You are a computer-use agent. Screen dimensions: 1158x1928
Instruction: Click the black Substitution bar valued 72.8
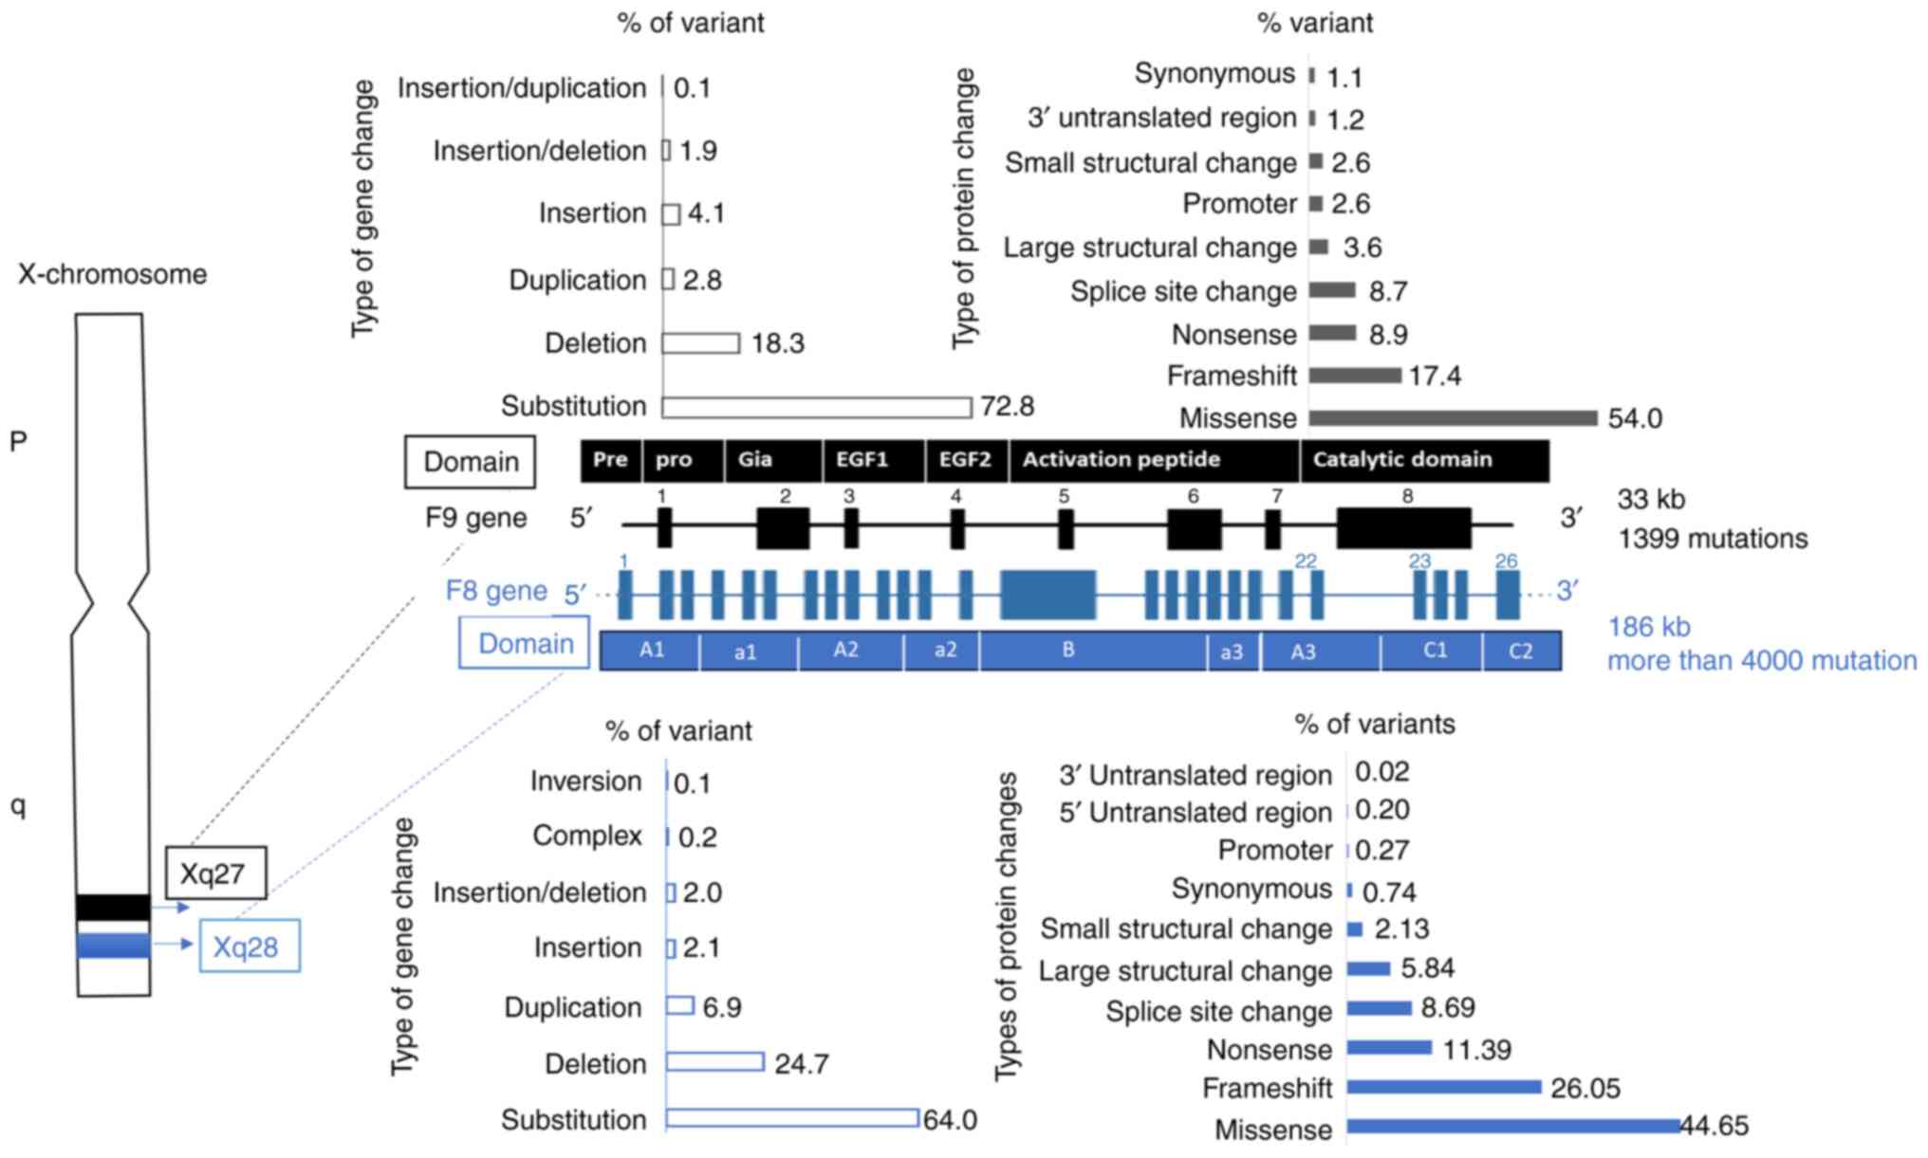pyautogui.click(x=816, y=407)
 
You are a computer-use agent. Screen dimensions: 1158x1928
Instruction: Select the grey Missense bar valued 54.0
pyautogui.click(x=1453, y=417)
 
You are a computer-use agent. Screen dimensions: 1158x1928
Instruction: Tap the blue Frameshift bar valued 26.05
pyautogui.click(x=1443, y=1087)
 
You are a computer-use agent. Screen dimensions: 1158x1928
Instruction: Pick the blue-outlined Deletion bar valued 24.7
pyautogui.click(x=714, y=1062)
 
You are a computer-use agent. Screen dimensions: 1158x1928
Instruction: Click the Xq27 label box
pyautogui.click(x=215, y=873)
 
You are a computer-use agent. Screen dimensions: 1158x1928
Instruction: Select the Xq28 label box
pyautogui.click(x=249, y=946)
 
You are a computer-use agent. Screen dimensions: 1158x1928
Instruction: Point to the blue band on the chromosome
pyautogui.click(x=113, y=946)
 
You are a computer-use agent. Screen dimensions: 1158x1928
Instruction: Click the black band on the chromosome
pyautogui.click(x=113, y=907)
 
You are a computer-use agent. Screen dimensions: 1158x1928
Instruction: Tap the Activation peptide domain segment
pyautogui.click(x=1154, y=460)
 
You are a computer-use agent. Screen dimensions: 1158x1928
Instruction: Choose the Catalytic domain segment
pyautogui.click(x=1423, y=460)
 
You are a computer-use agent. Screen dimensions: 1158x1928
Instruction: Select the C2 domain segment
pyautogui.click(x=1521, y=651)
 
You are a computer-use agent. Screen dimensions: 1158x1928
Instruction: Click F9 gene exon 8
pyautogui.click(x=1403, y=527)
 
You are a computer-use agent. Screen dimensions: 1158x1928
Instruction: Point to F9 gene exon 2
pyautogui.click(x=783, y=527)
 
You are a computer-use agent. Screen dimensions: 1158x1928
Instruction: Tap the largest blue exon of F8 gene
pyautogui.click(x=1047, y=595)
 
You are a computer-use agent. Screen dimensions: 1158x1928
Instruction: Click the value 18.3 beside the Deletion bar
pyautogui.click(x=777, y=343)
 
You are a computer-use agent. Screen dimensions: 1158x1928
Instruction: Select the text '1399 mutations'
pyautogui.click(x=1713, y=539)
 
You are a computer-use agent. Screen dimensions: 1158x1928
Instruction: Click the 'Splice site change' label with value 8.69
pyautogui.click(x=1218, y=1011)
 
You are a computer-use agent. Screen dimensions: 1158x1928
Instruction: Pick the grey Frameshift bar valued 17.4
pyautogui.click(x=1354, y=376)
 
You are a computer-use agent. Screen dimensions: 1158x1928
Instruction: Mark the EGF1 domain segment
pyautogui.click(x=873, y=460)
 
